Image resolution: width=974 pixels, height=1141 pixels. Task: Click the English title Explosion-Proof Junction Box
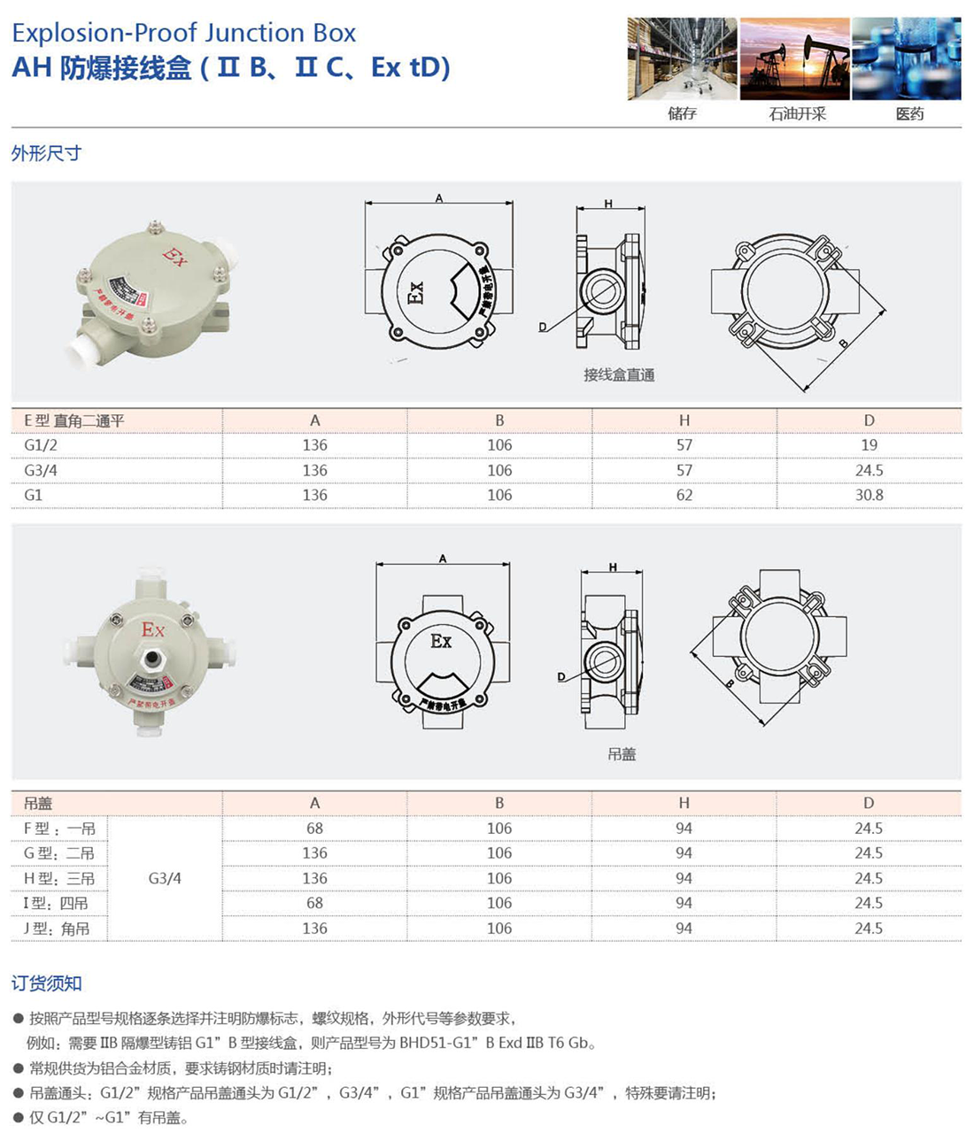tap(183, 33)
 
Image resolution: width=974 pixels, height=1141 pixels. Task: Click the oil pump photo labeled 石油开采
tap(794, 59)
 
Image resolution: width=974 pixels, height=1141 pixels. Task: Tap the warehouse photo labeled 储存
tap(682, 59)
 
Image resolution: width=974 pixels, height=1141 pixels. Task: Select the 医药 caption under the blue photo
tap(909, 114)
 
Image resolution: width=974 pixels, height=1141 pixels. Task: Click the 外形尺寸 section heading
tap(46, 153)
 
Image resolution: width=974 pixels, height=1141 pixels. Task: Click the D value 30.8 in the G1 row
tap(869, 496)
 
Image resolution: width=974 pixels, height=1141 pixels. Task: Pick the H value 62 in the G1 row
tap(684, 496)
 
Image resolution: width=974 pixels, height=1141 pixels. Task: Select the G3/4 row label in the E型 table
tap(40, 471)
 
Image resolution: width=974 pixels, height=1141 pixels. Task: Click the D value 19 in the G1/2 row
tap(869, 445)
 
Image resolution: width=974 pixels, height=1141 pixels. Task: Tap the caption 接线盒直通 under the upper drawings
tap(619, 375)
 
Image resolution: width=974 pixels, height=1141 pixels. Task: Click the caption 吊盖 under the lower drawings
tap(622, 755)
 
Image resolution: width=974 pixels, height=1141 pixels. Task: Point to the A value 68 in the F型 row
tap(314, 829)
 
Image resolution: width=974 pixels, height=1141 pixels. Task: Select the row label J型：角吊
tap(57, 929)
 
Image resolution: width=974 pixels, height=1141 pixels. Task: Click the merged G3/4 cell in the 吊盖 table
tap(165, 879)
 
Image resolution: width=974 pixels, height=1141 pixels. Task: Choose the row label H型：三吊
tap(58, 879)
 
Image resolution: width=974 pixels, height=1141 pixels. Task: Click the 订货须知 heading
tap(46, 983)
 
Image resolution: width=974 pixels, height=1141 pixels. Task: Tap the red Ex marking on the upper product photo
tap(174, 257)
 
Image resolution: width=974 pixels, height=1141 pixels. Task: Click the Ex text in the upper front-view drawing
tap(416, 292)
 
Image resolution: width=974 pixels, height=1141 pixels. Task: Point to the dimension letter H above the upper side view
tap(608, 204)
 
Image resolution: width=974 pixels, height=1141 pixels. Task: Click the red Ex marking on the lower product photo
tap(153, 629)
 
